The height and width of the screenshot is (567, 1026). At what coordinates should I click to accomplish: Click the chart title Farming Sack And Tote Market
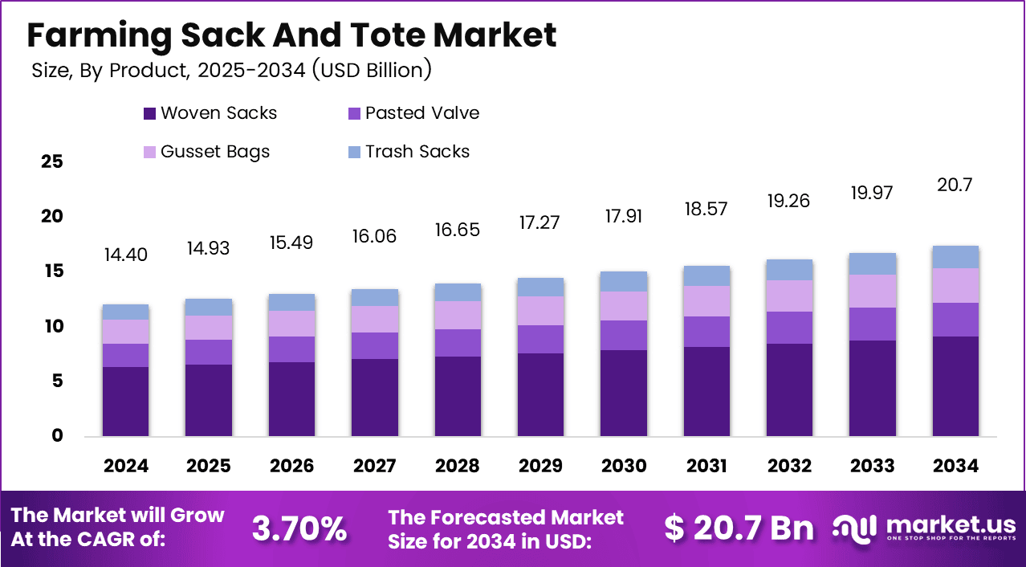(292, 36)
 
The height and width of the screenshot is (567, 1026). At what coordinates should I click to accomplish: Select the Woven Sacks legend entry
(210, 113)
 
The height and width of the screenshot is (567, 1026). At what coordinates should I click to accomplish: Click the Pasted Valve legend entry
(413, 113)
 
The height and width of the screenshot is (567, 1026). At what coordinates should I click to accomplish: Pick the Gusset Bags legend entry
(206, 152)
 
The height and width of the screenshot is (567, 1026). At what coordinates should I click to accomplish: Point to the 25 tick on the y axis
(51, 162)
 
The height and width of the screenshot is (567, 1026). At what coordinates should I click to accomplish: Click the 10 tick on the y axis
(51, 327)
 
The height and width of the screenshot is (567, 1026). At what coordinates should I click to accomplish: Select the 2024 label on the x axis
(126, 466)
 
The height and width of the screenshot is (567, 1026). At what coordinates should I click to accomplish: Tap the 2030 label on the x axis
(623, 466)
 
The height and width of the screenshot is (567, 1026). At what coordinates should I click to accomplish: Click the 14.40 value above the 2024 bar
(126, 255)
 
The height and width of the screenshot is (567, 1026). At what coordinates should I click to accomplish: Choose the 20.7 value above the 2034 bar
(955, 186)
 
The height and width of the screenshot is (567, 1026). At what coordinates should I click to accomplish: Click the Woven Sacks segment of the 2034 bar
(955, 385)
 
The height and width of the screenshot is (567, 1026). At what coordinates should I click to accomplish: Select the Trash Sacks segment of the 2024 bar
(126, 312)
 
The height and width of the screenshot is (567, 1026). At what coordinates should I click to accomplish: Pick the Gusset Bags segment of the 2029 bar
(540, 311)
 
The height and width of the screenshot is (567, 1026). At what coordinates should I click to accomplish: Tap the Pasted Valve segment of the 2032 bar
(789, 328)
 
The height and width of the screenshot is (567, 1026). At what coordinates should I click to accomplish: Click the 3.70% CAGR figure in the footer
(299, 528)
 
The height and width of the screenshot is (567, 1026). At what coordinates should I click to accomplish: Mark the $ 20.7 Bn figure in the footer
(739, 528)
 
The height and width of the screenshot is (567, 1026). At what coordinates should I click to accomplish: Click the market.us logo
(923, 528)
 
